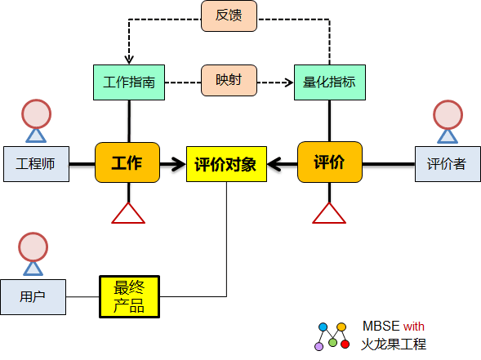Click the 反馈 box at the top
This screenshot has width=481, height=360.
click(229, 16)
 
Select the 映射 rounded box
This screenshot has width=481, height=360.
click(229, 80)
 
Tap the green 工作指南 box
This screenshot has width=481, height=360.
click(129, 82)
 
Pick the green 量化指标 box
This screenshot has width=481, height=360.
click(330, 82)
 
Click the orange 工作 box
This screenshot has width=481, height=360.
click(127, 162)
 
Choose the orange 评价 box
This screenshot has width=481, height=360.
click(330, 162)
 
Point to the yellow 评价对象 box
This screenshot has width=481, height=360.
click(226, 164)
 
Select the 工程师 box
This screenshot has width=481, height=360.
click(36, 164)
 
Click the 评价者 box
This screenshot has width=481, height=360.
click(448, 164)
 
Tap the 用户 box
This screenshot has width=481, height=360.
click(33, 297)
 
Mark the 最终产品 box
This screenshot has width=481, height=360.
click(130, 297)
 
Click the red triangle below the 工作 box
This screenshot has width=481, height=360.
click(128, 213)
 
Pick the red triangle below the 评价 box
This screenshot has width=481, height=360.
click(329, 213)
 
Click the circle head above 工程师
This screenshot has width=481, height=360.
click(36, 113)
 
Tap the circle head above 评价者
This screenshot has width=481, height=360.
click(448, 114)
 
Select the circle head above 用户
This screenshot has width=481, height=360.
click(33, 247)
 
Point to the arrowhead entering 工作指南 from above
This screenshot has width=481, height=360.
click(129, 60)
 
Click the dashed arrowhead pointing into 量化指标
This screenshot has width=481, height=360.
click(289, 82)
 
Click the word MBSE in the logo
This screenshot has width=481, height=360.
click(381, 326)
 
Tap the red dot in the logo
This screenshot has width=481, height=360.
click(345, 344)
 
